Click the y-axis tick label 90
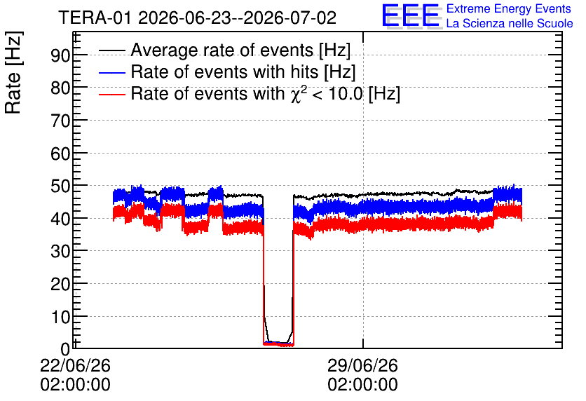point(60,55)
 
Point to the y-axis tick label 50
point(60,186)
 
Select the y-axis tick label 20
point(60,284)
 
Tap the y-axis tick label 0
point(65,349)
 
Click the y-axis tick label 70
point(60,121)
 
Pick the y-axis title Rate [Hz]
point(13,72)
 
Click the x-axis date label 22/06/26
point(75,365)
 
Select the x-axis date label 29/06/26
point(362,365)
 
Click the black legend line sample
point(111,50)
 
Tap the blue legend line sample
point(111,72)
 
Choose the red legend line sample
point(111,94)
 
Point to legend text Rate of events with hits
point(224,72)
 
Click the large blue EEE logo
point(410,16)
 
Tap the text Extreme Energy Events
point(509,8)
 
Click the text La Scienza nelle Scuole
point(510,23)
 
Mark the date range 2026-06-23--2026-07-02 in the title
point(238,18)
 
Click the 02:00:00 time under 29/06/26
point(362,385)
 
